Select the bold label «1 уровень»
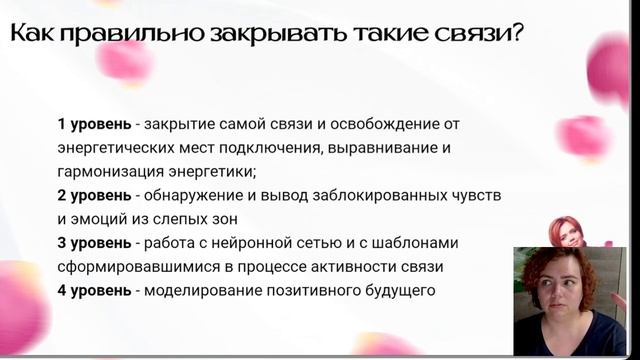[93, 124]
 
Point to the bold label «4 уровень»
[93, 292]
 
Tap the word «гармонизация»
[106, 172]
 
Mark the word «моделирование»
[201, 292]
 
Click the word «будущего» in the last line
[400, 292]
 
